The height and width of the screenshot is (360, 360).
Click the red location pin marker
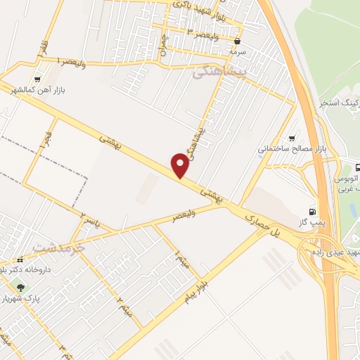[x=181, y=166]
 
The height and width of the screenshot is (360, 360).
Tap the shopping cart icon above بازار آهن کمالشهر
[x=37, y=80]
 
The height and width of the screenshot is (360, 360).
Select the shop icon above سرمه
[x=238, y=40]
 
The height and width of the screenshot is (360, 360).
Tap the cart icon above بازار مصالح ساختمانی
[x=292, y=138]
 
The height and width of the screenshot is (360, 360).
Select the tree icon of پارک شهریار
[x=20, y=286]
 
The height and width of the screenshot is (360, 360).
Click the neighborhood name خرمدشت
[x=58, y=247]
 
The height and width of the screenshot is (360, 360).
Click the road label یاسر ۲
[x=89, y=219]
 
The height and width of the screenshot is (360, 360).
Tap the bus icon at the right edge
[x=356, y=168]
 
